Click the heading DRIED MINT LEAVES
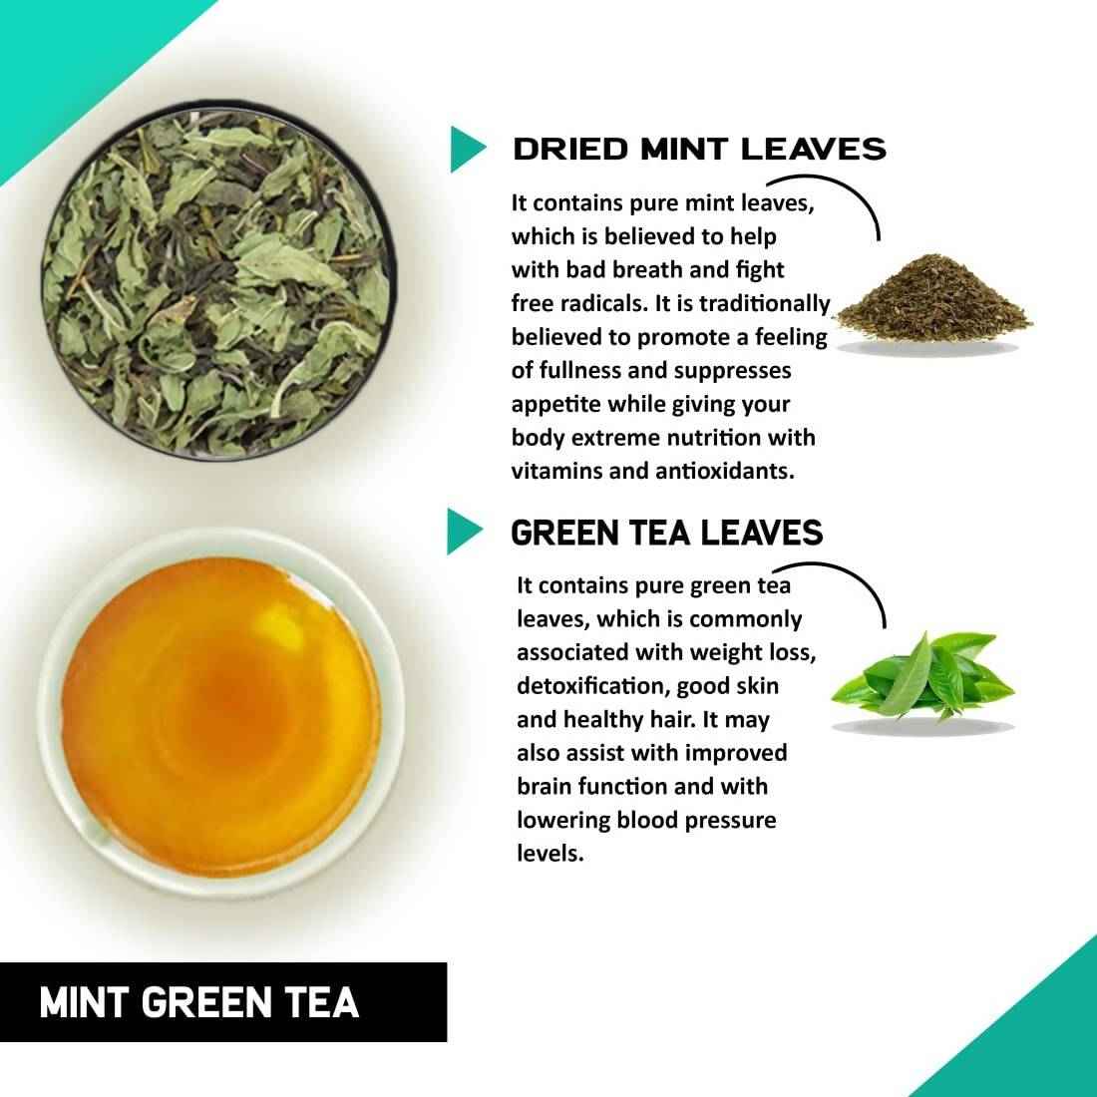[x=698, y=149]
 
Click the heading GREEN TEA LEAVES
[x=666, y=533]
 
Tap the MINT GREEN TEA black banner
[x=222, y=1001]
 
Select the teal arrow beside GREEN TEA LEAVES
[x=463, y=532]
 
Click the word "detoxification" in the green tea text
[x=589, y=685]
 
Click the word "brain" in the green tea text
[x=545, y=786]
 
